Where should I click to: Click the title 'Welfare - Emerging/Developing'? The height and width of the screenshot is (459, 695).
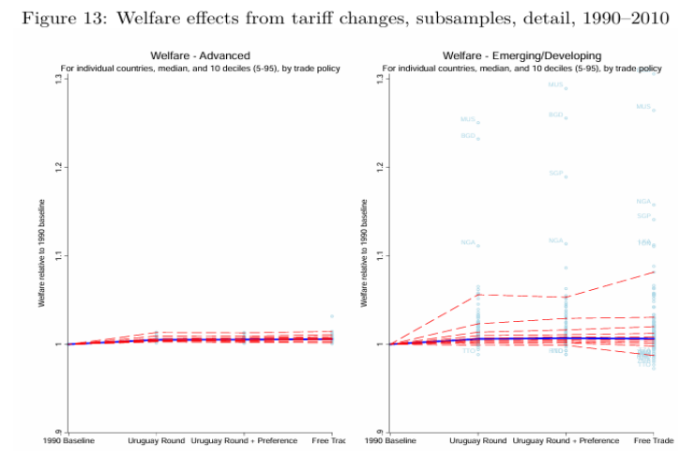(x=521, y=56)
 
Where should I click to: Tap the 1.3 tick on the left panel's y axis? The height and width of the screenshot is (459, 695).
(x=57, y=79)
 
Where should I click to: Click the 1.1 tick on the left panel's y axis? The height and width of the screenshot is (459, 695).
(x=57, y=255)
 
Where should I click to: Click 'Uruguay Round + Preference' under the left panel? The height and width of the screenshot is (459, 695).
(x=243, y=439)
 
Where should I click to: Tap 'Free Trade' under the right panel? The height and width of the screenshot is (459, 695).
(x=654, y=439)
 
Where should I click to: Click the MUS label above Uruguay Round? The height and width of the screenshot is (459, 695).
(x=468, y=120)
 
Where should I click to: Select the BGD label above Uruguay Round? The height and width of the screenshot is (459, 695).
(x=468, y=136)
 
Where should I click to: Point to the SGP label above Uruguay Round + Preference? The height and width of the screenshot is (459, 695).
(x=556, y=174)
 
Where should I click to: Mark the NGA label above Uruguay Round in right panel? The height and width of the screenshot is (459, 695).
(x=468, y=243)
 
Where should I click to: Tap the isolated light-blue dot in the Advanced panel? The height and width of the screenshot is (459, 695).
(x=331, y=316)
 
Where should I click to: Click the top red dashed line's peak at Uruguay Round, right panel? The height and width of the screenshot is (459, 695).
(x=478, y=294)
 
